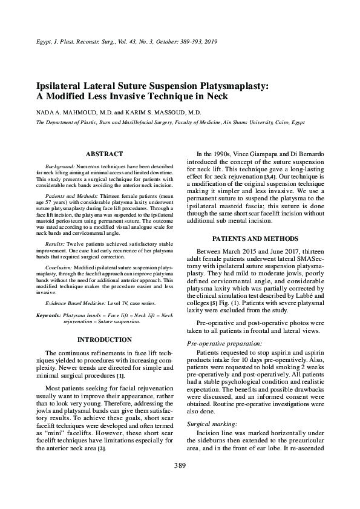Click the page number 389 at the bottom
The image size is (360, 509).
180,465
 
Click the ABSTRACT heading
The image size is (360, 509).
104,154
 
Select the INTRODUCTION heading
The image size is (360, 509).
104,340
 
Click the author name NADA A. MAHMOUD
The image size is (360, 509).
66,113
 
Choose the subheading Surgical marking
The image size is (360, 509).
208,424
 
